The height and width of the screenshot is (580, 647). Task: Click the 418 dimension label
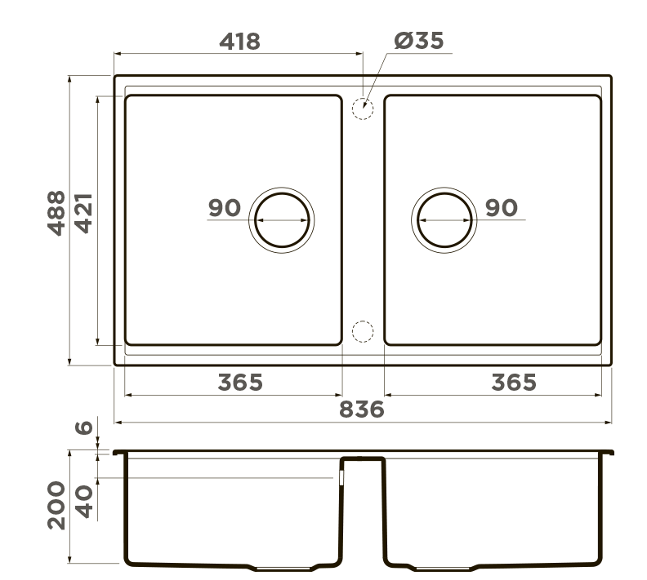tap(239, 42)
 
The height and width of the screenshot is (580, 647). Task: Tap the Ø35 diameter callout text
tap(419, 40)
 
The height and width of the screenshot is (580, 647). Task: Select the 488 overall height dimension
tap(56, 214)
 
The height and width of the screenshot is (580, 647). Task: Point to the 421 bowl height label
tap(83, 214)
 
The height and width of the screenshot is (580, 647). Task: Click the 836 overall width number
tap(361, 410)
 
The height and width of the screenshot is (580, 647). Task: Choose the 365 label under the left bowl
tap(240, 383)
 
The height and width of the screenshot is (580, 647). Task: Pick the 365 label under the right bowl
tap(514, 383)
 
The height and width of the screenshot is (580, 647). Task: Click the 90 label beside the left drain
tap(225, 208)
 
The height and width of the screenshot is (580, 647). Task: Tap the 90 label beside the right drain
tap(502, 208)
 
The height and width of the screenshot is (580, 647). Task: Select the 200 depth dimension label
tap(56, 505)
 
